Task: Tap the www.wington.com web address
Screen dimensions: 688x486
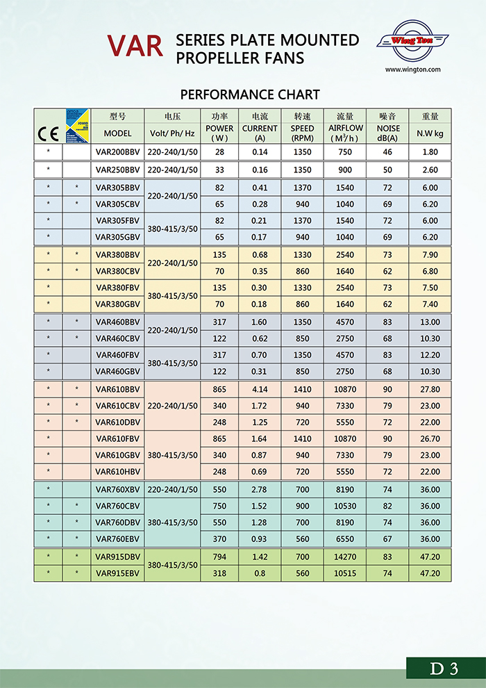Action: click(413, 69)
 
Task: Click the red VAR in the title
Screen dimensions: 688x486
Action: click(135, 46)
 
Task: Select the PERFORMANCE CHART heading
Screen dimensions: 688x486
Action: click(250, 95)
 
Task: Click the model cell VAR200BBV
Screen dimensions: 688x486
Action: click(118, 151)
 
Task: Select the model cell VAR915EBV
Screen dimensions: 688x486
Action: click(118, 573)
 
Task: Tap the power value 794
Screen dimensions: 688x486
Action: click(220, 557)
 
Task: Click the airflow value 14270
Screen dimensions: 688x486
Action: click(346, 557)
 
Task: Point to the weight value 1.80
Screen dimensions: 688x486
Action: click(430, 151)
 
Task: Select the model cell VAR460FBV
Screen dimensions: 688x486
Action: click(118, 355)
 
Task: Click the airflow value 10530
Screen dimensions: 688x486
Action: click(346, 506)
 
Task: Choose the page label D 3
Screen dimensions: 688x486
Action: click(444, 669)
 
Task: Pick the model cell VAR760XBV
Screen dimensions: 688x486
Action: click(118, 489)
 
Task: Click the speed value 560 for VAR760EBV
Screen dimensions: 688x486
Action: click(303, 539)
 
